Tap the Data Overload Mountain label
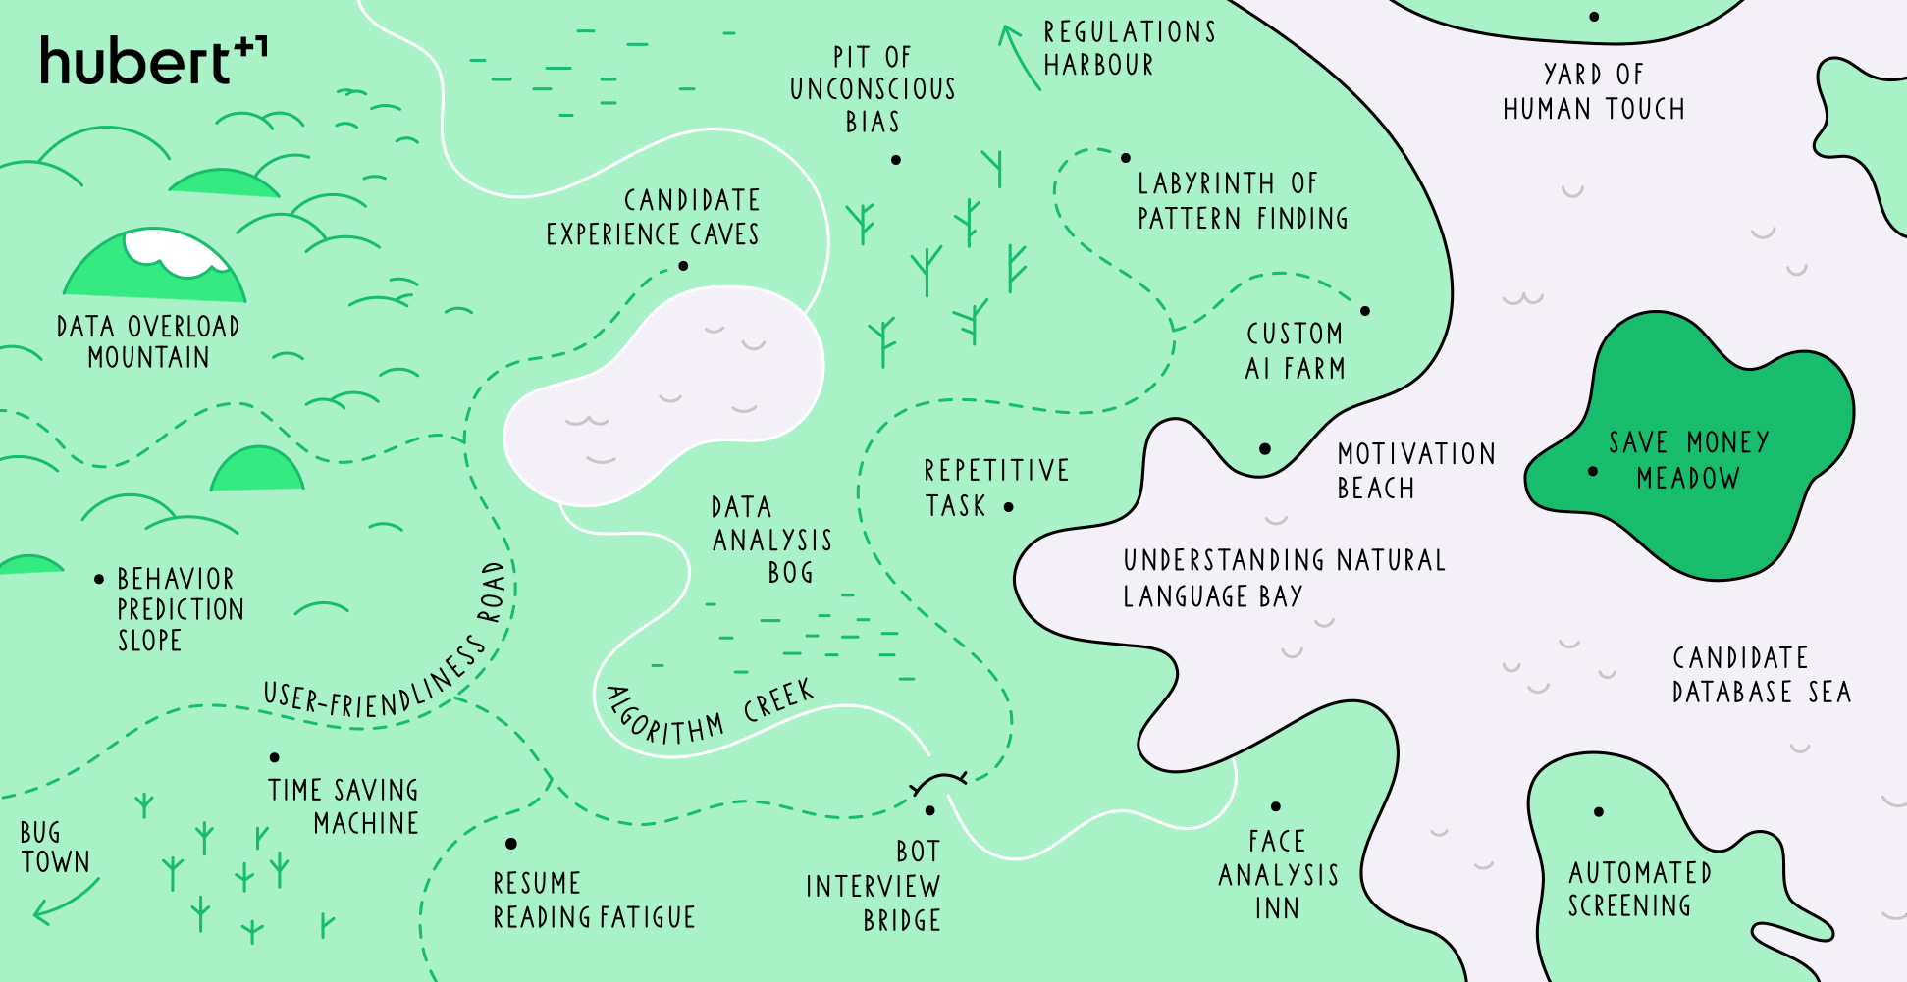(x=148, y=341)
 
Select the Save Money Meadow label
(x=1688, y=460)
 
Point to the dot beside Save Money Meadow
(x=1593, y=472)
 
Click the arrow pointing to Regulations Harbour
(x=1018, y=56)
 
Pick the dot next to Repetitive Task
(x=1009, y=507)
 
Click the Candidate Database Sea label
(x=1761, y=675)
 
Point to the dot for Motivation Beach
(x=1265, y=449)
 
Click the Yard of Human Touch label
(x=1593, y=91)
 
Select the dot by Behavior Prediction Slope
(x=99, y=580)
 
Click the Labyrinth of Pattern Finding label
(x=1242, y=201)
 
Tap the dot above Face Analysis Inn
(x=1276, y=807)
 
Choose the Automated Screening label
(x=1639, y=889)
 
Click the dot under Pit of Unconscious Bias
(x=896, y=160)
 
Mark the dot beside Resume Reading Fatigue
(x=511, y=844)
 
